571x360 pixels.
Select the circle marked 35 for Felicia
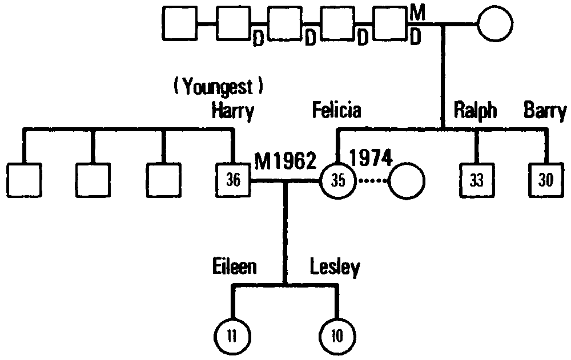pos(339,180)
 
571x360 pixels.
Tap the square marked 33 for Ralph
pos(477,180)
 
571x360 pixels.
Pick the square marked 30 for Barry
pos(546,180)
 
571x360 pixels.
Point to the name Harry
pos(232,111)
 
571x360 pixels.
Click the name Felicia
pos(336,110)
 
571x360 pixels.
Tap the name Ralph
pos(475,110)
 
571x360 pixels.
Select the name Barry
pos(545,111)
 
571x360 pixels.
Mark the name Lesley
pos(335,266)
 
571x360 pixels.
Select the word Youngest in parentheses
pos(219,87)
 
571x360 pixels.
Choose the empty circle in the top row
pos(494,25)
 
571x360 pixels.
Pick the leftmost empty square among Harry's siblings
pos(25,180)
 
